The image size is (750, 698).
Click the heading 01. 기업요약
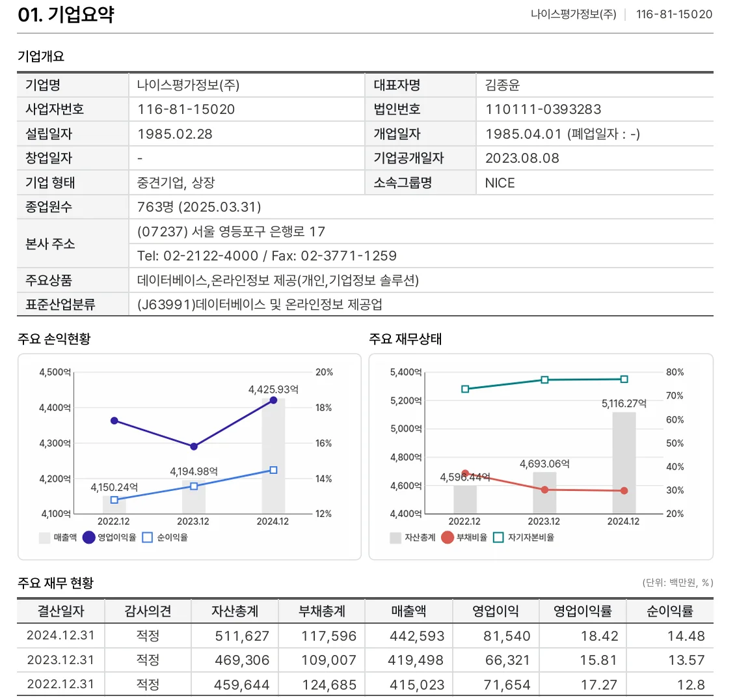click(x=66, y=14)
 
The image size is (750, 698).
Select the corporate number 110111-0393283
click(x=542, y=109)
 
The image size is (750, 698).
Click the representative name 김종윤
click(x=502, y=85)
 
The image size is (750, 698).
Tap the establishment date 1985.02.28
click(x=174, y=134)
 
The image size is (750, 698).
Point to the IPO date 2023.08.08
click(x=522, y=158)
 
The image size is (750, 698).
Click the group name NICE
click(x=500, y=183)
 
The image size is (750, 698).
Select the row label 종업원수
click(x=49, y=207)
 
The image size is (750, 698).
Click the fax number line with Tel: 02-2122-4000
click(x=267, y=256)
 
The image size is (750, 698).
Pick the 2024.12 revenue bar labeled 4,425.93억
click(x=273, y=456)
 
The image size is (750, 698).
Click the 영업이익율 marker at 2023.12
click(x=194, y=447)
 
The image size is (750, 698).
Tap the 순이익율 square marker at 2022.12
click(x=114, y=500)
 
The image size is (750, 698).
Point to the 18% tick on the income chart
click(x=323, y=408)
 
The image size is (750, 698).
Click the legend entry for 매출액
click(x=58, y=538)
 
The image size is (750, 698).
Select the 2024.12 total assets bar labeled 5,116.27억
click(x=624, y=462)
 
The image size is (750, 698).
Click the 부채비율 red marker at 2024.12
click(x=624, y=491)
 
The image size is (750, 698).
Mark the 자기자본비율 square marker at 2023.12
click(x=544, y=380)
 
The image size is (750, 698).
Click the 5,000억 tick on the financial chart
click(x=406, y=429)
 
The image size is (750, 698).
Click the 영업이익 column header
click(x=495, y=611)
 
